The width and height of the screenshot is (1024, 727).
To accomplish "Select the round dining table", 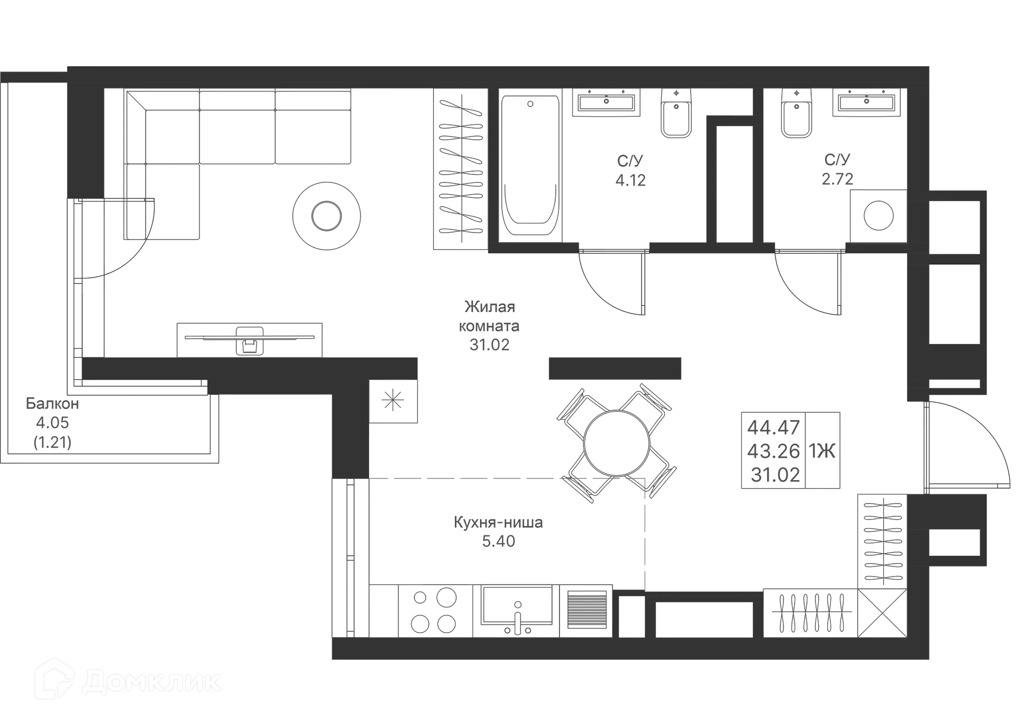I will pyautogui.click(x=617, y=443).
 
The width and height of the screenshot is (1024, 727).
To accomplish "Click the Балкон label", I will pyautogui.click(x=52, y=404).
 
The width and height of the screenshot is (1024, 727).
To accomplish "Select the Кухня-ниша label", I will pyautogui.click(x=498, y=522).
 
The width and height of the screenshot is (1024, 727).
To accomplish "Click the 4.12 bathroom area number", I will pyautogui.click(x=631, y=180).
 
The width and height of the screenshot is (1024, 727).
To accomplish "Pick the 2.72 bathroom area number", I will pyautogui.click(x=838, y=179).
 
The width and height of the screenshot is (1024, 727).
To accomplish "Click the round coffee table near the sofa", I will pyautogui.click(x=326, y=215).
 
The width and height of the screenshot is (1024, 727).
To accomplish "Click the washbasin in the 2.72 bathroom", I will pyautogui.click(x=867, y=102).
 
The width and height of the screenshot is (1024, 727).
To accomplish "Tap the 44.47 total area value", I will pyautogui.click(x=774, y=427).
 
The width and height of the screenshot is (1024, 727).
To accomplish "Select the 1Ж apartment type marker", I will pyautogui.click(x=822, y=451).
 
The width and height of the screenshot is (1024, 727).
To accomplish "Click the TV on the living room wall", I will pyautogui.click(x=250, y=337).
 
